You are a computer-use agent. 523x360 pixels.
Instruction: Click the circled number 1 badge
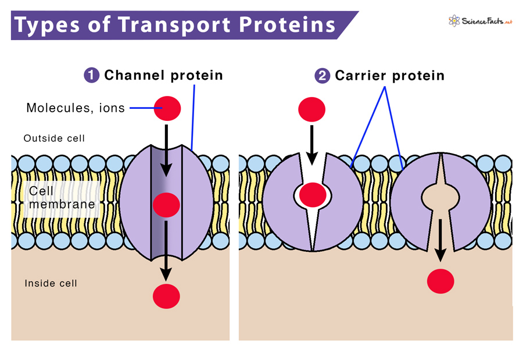click(x=92, y=76)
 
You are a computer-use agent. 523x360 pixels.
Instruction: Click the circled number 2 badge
click(x=322, y=76)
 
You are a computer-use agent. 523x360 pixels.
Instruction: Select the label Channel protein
click(x=163, y=76)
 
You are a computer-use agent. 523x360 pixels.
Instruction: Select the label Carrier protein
click(x=389, y=76)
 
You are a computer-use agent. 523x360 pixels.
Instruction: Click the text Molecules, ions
click(x=76, y=108)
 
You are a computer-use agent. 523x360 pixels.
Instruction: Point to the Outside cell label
click(x=54, y=138)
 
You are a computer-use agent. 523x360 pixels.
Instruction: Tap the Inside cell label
click(x=51, y=283)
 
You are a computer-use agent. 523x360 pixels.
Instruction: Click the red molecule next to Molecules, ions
click(x=167, y=108)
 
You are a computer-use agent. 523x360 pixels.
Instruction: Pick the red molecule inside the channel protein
click(x=166, y=205)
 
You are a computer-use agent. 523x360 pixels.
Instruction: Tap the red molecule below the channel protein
click(x=166, y=295)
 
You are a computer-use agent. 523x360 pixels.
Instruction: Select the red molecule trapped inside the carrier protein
click(x=312, y=194)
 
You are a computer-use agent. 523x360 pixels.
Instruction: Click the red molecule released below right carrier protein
click(x=440, y=282)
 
